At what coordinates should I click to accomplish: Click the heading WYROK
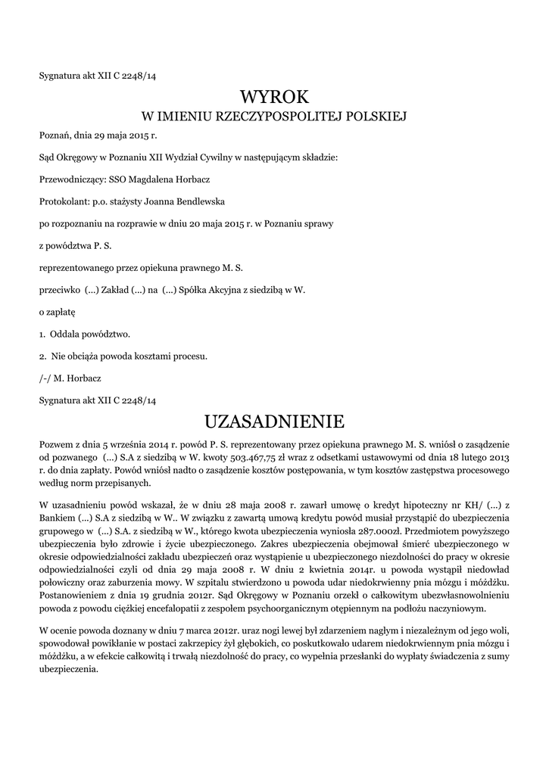275,96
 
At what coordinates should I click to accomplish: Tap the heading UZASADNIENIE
275,421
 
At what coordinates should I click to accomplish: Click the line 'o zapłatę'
58,312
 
